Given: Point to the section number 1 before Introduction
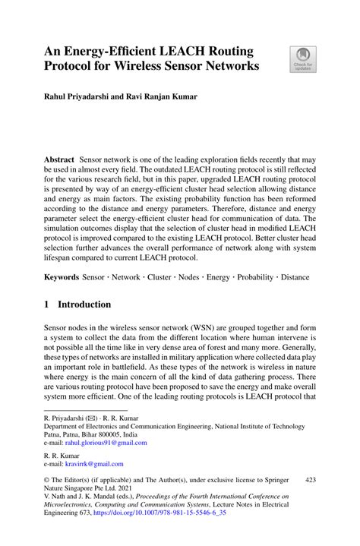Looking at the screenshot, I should coord(48,305).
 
